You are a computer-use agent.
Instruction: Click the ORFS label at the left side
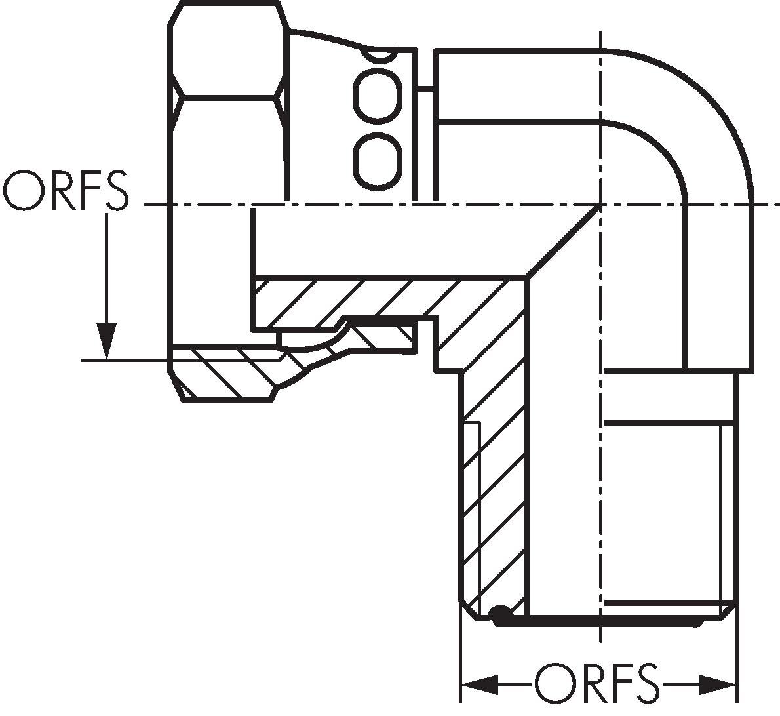[66, 191]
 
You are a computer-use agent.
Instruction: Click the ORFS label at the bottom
[596, 685]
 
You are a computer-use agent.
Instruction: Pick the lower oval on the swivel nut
[376, 160]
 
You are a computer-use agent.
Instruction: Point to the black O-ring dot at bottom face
[501, 615]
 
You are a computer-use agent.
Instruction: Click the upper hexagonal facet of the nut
[228, 49]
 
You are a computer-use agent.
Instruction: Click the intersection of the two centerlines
[600, 205]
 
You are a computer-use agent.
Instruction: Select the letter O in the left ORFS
[26, 191]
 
